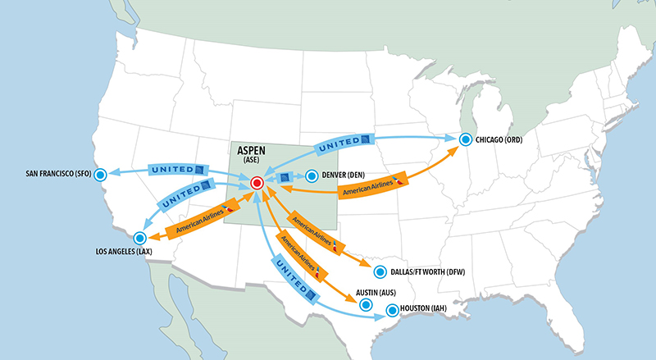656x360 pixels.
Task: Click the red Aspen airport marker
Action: [257, 183]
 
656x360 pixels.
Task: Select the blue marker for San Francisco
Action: [101, 174]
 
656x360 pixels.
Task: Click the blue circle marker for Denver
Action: [311, 175]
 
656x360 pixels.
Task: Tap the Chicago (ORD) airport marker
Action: [466, 140]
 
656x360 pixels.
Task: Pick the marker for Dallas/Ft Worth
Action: [378, 272]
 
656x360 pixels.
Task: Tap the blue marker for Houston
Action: [392, 310]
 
